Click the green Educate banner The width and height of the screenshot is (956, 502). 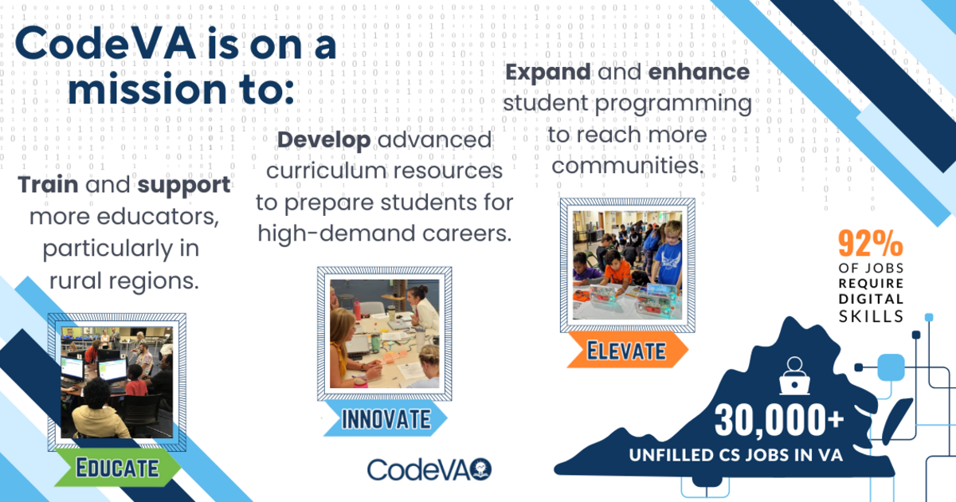tap(118, 468)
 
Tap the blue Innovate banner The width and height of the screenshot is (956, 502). tap(386, 418)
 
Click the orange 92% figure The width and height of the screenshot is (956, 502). tap(870, 243)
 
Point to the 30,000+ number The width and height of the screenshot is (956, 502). tap(779, 421)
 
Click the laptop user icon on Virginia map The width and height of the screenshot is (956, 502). tap(794, 376)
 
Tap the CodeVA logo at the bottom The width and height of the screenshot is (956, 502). tap(429, 469)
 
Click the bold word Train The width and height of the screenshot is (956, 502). tap(49, 185)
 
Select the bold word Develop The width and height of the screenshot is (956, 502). tap(324, 140)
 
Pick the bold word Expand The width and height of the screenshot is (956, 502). tap(548, 73)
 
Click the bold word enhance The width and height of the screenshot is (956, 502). tap(699, 72)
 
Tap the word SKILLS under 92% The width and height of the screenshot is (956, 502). tap(871, 316)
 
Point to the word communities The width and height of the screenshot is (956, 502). tap(627, 166)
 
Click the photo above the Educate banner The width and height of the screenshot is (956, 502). tap(117, 382)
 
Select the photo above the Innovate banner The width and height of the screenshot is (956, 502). tap(385, 334)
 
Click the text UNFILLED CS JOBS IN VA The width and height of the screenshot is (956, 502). tap(736, 455)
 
